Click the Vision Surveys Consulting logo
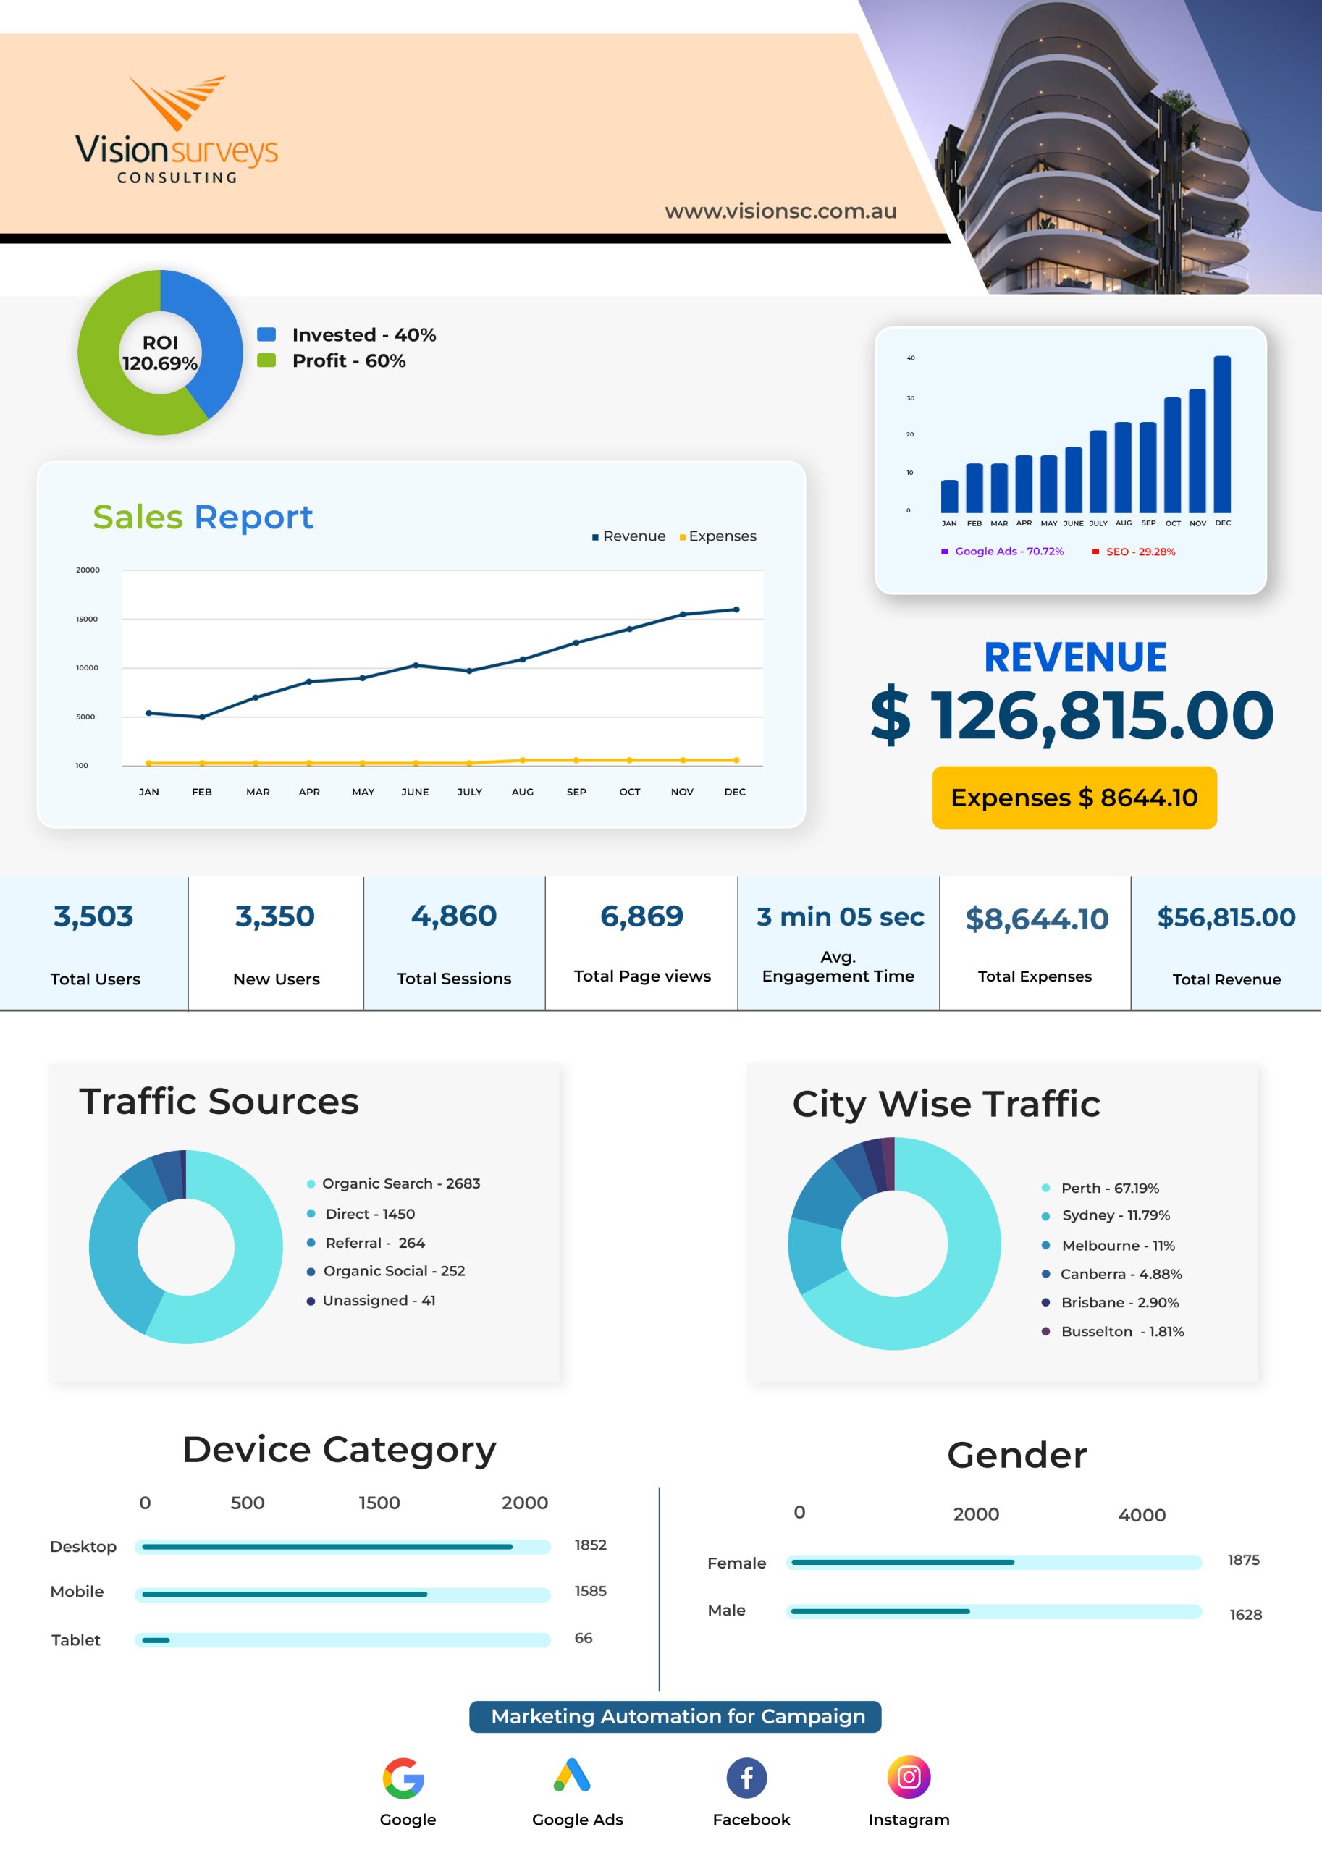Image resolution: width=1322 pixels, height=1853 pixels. click(x=177, y=130)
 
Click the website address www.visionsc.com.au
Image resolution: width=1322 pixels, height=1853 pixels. click(x=780, y=211)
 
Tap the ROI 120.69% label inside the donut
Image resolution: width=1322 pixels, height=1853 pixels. click(x=161, y=353)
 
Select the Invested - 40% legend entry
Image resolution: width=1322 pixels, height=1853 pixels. click(x=347, y=334)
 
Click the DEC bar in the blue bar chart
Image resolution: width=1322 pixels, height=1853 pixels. click(x=1222, y=434)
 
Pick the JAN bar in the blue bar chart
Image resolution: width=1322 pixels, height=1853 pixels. click(x=949, y=497)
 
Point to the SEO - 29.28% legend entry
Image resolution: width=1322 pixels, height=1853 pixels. click(x=1134, y=552)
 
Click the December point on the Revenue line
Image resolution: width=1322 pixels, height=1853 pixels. click(x=737, y=609)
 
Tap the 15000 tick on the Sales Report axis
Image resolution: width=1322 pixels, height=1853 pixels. click(x=87, y=620)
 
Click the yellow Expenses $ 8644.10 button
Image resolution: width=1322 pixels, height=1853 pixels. click(x=1074, y=798)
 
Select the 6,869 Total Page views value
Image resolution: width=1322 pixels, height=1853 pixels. click(x=641, y=916)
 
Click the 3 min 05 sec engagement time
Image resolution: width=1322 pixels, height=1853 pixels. click(x=840, y=917)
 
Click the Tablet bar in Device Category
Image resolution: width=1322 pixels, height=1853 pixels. click(x=156, y=1639)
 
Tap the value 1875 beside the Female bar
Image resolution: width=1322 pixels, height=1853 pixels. click(x=1243, y=1560)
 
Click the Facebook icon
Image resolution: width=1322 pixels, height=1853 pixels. click(x=746, y=1778)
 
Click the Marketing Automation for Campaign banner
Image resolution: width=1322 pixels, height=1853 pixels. click(x=675, y=1716)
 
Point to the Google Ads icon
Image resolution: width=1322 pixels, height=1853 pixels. click(x=572, y=1776)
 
